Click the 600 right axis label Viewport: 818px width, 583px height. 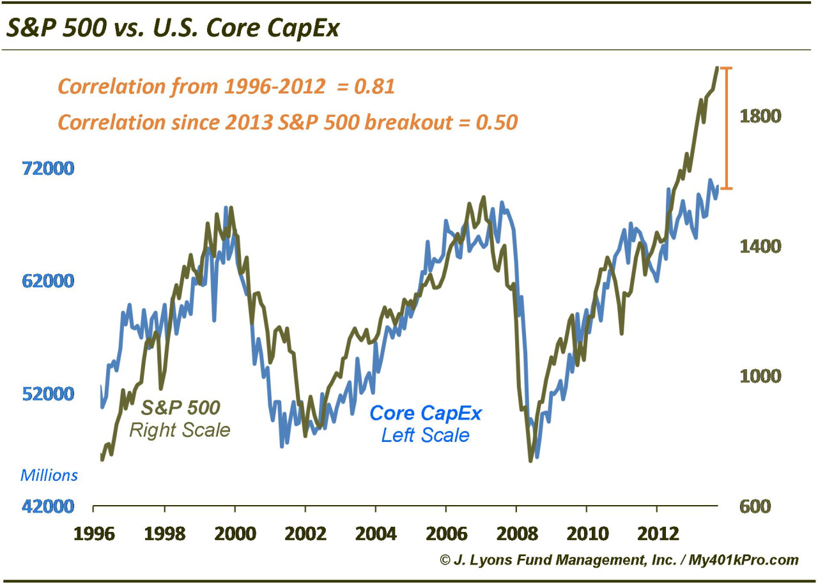pyautogui.click(x=759, y=506)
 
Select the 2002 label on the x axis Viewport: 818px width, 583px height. pyautogui.click(x=305, y=532)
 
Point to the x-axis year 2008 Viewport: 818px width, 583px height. pyautogui.click(x=516, y=532)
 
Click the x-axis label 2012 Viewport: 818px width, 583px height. pyautogui.click(x=657, y=532)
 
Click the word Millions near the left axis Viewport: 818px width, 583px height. pyautogui.click(x=49, y=476)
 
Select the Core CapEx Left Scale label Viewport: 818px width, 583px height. pyautogui.click(x=426, y=424)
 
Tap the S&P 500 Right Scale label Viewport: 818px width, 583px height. pyautogui.click(x=180, y=419)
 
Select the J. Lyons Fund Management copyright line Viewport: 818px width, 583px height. pyautogui.click(x=619, y=560)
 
